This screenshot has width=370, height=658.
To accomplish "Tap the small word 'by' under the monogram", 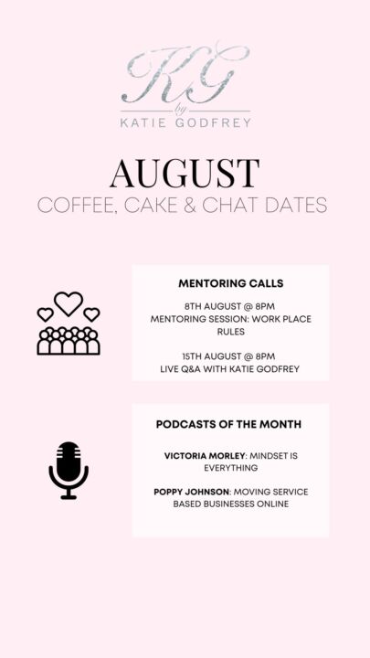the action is (x=181, y=111).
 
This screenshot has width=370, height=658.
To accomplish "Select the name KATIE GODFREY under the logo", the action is (x=185, y=122).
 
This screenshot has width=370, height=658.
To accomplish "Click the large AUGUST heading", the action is (x=185, y=173).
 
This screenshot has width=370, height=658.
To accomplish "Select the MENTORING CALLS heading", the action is (x=231, y=283).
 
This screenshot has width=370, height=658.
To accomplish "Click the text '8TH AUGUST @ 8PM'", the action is (x=229, y=306).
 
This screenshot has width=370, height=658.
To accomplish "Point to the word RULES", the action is (x=231, y=332).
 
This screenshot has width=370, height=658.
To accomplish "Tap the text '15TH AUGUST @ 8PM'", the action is (x=229, y=356).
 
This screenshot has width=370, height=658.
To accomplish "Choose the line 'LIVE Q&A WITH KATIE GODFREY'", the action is (x=230, y=369).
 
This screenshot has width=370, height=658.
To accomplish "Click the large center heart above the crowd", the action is (x=69, y=303).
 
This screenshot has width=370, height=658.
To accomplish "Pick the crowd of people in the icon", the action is (x=69, y=340).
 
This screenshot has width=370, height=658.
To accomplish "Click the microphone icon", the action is (x=69, y=470).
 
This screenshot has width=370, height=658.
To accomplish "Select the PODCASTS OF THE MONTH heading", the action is (x=228, y=424).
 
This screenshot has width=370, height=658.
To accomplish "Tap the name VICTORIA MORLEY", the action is (x=205, y=455).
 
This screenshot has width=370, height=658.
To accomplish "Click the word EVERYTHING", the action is (x=231, y=468).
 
